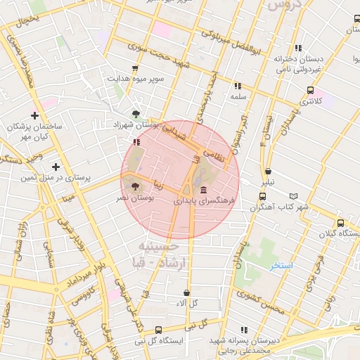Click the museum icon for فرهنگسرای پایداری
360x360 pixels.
tap(203, 191)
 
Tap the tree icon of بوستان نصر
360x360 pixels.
tap(135, 186)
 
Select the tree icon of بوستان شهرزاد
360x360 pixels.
tap(135, 112)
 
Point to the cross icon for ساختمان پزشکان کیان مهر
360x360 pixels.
tap(34, 115)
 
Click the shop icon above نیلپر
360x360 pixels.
tap(268, 171)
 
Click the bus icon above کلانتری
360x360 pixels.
tap(310, 90)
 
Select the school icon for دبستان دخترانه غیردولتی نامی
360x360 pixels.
tap(298, 49)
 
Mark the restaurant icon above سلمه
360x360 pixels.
tap(238, 86)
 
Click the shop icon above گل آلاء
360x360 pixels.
tap(186, 292)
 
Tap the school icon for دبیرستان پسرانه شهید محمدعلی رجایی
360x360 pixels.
tap(244, 330)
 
